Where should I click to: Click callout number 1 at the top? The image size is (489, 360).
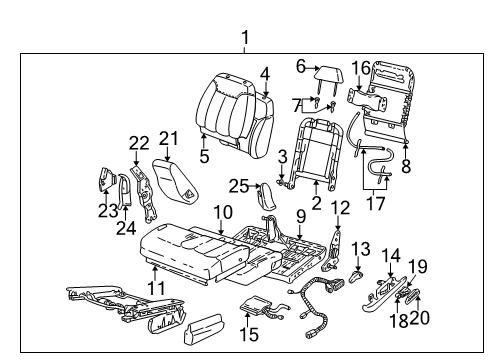click(x=245, y=38)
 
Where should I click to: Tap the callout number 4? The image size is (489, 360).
click(x=265, y=73)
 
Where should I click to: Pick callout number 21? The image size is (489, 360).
click(x=168, y=137)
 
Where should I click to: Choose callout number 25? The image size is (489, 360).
click(x=238, y=187)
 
